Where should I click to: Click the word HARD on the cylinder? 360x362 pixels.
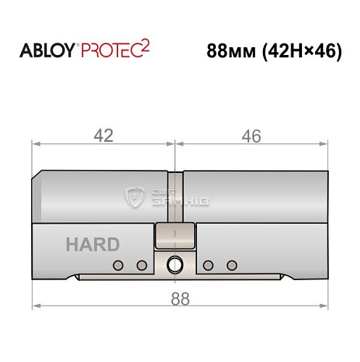(x=92, y=245)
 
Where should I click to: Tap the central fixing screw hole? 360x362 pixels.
(x=175, y=264)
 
